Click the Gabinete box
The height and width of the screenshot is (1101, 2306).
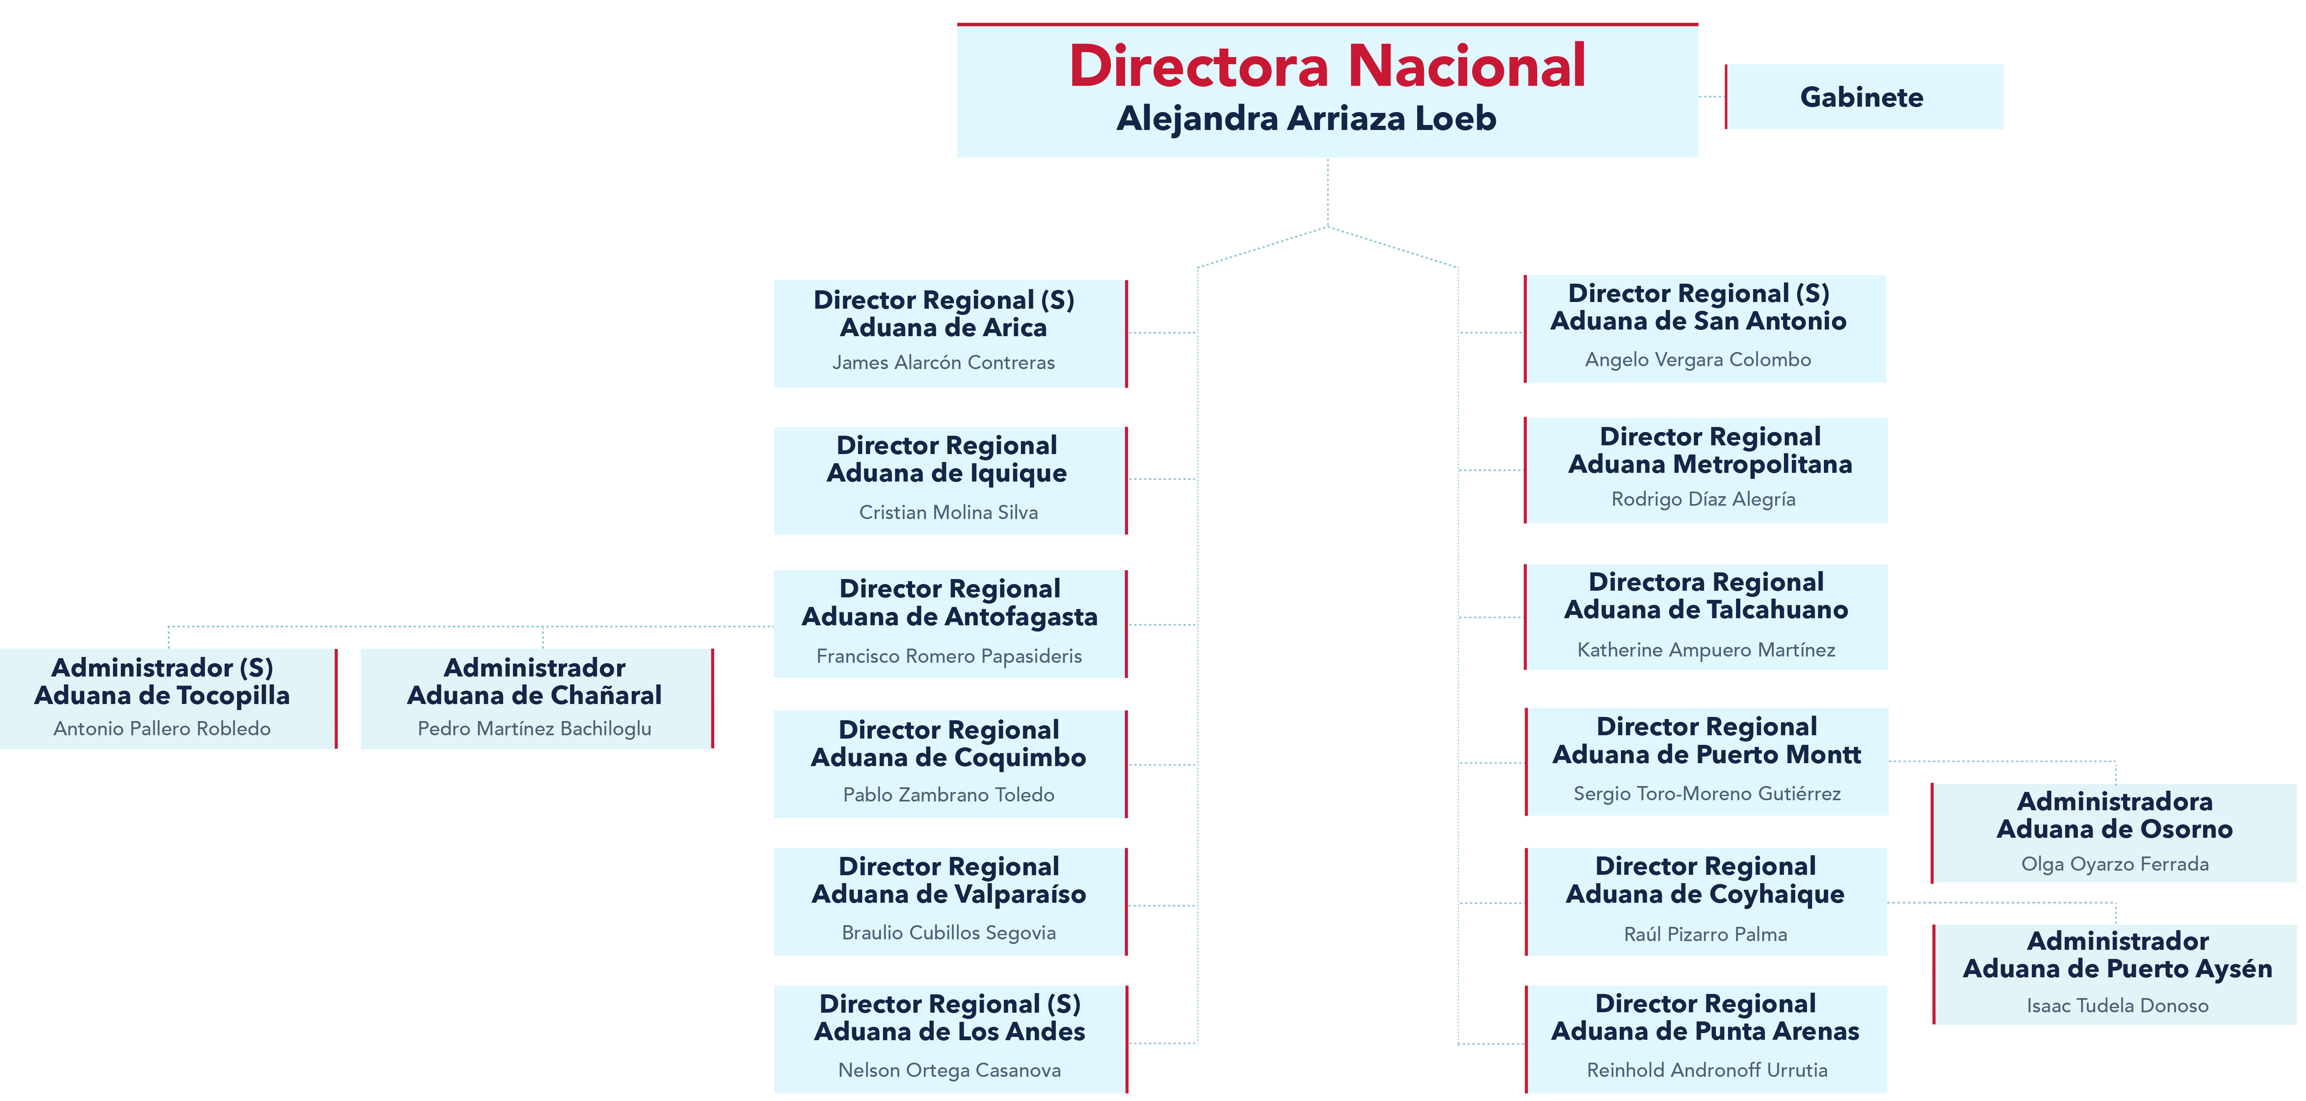coord(1862,97)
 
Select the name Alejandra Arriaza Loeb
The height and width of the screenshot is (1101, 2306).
coord(1306,118)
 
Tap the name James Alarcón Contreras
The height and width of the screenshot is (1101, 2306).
coord(943,362)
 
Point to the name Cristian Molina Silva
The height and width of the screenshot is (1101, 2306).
coord(948,512)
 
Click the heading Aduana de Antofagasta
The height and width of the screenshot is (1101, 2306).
coord(949,617)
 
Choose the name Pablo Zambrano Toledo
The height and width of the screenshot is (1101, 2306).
coord(948,795)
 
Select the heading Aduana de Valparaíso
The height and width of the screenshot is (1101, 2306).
coord(948,894)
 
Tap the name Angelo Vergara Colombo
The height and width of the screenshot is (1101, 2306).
coord(1697,360)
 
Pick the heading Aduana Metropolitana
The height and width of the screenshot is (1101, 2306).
coord(1710,464)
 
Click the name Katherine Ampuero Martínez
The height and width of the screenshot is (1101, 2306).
coord(1705,650)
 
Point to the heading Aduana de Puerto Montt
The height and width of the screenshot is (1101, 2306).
coord(1706,754)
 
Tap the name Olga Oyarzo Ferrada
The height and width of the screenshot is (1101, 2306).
coord(2114,864)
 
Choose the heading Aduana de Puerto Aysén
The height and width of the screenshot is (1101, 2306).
coord(2117,969)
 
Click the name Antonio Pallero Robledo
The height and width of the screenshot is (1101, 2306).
coord(162,729)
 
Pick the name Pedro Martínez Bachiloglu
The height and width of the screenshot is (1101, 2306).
coord(535,729)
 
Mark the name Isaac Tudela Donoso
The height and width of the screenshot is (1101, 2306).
coord(2117,1005)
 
